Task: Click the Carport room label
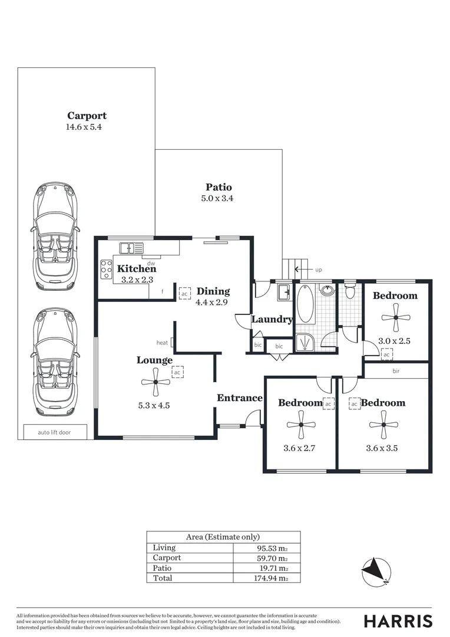(87, 116)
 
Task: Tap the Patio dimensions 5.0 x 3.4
(217, 198)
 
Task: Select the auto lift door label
(54, 432)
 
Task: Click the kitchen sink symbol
(131, 248)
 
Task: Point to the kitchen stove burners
(106, 269)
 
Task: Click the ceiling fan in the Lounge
(155, 382)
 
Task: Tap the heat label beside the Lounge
(162, 343)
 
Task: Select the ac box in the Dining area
(184, 293)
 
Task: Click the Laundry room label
(272, 320)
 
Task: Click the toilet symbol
(350, 291)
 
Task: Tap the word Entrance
(239, 398)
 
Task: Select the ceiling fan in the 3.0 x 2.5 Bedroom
(396, 317)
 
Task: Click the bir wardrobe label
(396, 372)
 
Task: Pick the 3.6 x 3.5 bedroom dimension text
(382, 448)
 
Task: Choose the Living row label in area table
(164, 547)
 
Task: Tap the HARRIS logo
(398, 621)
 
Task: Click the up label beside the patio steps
(319, 270)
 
